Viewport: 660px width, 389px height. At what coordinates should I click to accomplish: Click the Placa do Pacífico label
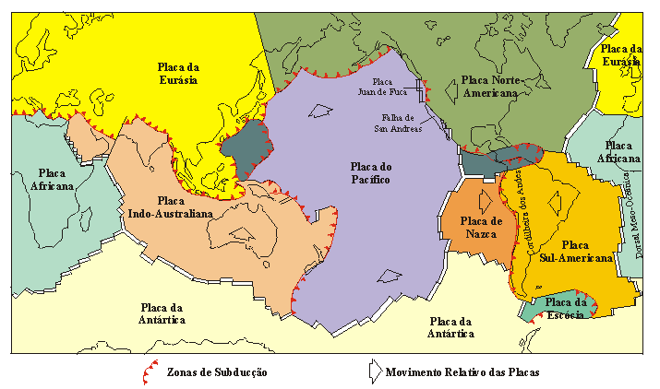point(370,172)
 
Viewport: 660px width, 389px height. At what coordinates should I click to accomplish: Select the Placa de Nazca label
point(481,226)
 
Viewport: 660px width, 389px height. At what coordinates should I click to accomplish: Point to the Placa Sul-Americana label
point(574,252)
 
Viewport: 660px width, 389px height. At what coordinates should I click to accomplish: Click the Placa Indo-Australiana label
point(171,206)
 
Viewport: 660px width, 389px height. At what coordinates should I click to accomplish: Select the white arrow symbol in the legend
point(372,371)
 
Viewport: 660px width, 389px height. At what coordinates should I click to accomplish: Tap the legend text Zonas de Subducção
point(219,372)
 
